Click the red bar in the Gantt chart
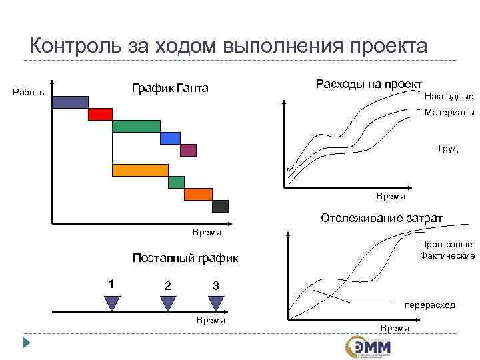pyautogui.click(x=100, y=114)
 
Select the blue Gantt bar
pyautogui.click(x=171, y=138)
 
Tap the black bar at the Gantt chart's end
pyautogui.click(x=220, y=206)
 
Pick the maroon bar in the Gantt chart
pyautogui.click(x=189, y=150)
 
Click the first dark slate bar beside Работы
pyautogui.click(x=70, y=101)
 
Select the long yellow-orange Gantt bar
pyautogui.click(x=140, y=170)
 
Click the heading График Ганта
pyautogui.click(x=170, y=89)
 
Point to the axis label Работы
pyautogui.click(x=30, y=93)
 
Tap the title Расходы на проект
pyautogui.click(x=369, y=84)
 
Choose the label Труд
pyautogui.click(x=447, y=148)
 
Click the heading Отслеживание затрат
pyautogui.click(x=381, y=218)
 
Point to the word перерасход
pyautogui.click(x=429, y=305)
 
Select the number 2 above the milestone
pyautogui.click(x=167, y=285)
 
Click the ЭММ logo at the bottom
pyautogui.click(x=368, y=346)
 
